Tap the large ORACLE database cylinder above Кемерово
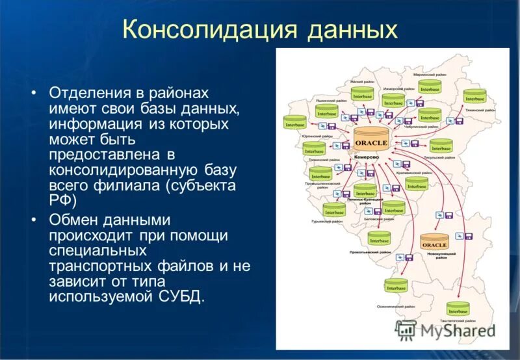point(371,141)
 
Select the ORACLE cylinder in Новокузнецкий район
point(435,243)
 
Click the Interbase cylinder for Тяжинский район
point(474,98)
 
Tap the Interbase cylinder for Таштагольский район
point(458,309)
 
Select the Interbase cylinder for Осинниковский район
point(395,286)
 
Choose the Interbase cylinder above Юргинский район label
point(294,123)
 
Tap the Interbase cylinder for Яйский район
point(362,95)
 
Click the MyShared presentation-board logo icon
point(406,330)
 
